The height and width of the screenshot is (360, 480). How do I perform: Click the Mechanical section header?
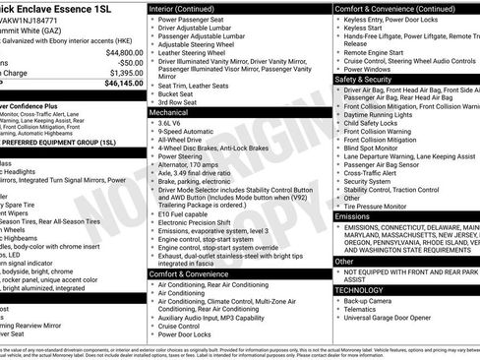click(x=168, y=113)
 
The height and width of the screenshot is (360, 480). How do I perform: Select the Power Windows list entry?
click(x=371, y=69)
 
